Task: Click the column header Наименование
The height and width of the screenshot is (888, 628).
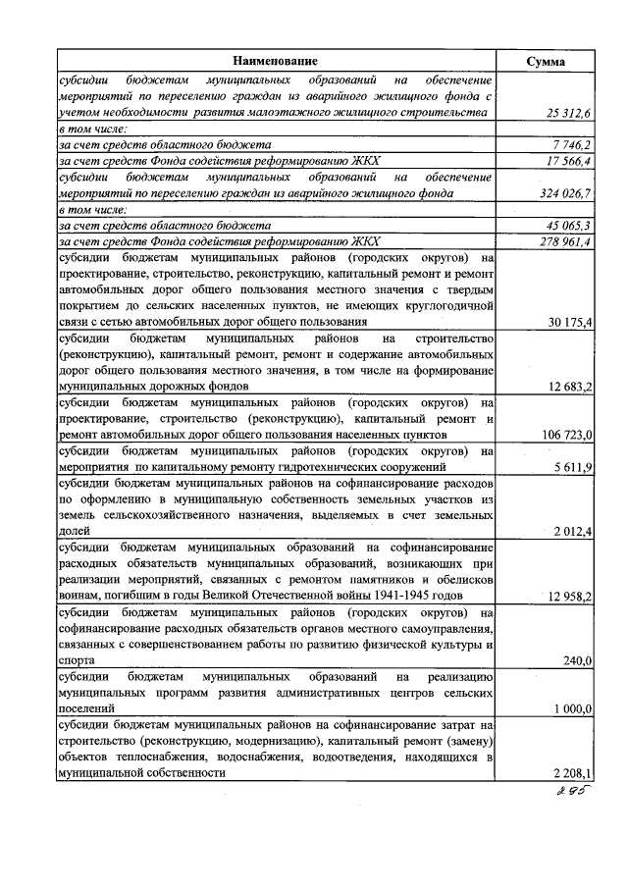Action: pos(276,61)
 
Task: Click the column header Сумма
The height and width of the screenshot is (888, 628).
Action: pos(545,61)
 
